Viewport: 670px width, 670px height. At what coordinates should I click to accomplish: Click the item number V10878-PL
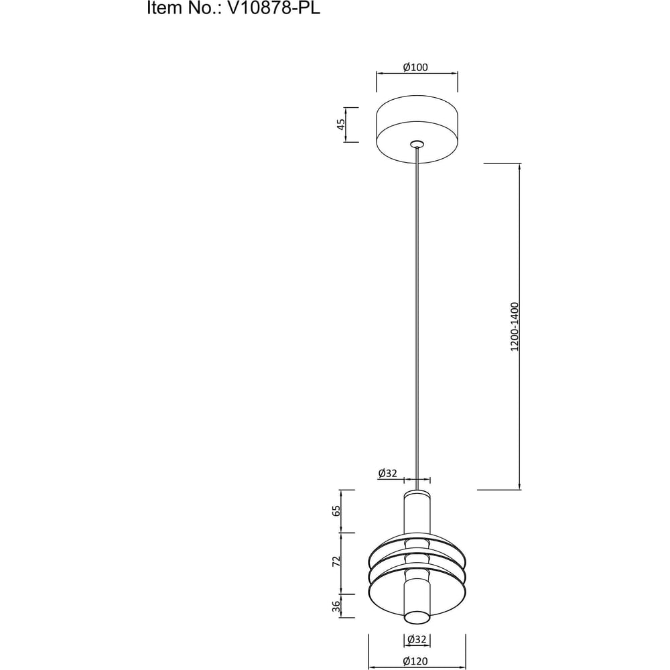tap(273, 7)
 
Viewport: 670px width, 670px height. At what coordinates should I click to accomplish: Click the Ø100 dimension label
tap(415, 67)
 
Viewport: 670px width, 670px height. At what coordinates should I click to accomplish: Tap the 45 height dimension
tap(340, 125)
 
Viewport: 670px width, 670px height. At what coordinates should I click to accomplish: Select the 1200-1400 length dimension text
tap(515, 327)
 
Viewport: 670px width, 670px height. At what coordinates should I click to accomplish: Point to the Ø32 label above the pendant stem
tap(387, 473)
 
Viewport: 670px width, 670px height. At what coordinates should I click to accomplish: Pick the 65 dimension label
tap(336, 511)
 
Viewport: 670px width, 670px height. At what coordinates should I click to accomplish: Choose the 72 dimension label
tap(336, 561)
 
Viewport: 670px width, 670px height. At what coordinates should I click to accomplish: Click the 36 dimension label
tap(336, 606)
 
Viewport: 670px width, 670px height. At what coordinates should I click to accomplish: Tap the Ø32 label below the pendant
tap(417, 639)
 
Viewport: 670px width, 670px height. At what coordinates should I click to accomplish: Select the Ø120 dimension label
tap(415, 661)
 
